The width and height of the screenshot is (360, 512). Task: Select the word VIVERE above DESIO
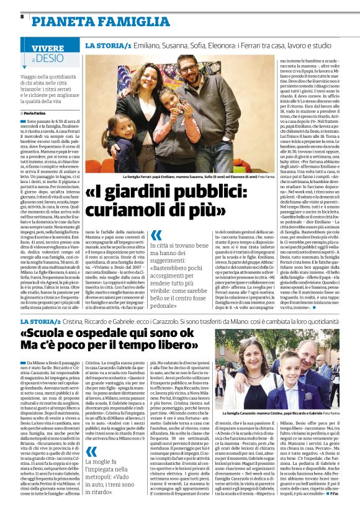click(48, 48)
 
